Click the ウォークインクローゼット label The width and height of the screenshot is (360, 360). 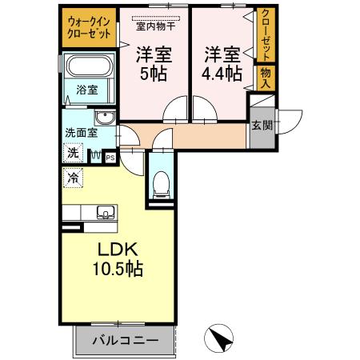point(88,27)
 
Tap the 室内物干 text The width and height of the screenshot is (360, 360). point(156,26)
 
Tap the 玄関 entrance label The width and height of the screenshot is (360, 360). point(261,126)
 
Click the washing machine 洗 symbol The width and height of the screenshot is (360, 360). point(73,152)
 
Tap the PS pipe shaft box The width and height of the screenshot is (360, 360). point(110,158)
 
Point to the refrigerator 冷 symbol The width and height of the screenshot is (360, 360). point(73,178)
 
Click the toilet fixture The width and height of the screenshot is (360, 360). point(161,183)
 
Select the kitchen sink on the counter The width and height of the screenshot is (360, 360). point(104,214)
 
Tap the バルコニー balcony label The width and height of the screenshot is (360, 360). point(124,340)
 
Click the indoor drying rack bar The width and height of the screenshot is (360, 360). point(156,16)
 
